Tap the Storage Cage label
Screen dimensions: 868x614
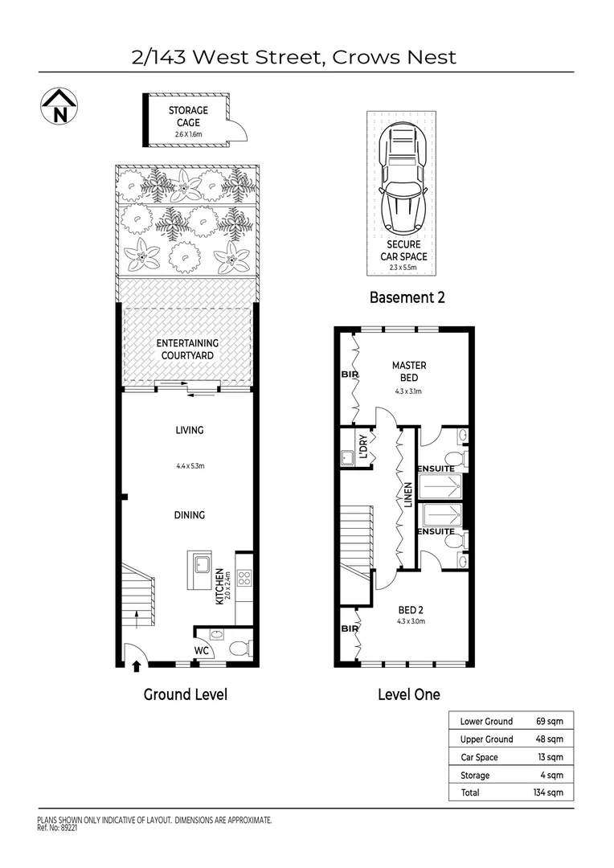[x=187, y=116]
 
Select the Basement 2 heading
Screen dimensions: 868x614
[x=407, y=297]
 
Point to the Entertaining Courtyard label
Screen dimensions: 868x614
[x=187, y=349]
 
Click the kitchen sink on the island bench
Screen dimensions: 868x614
[x=199, y=564]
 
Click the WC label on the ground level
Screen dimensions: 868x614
[x=202, y=650]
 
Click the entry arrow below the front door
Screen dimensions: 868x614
[x=135, y=665]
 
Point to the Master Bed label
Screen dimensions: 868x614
[x=408, y=371]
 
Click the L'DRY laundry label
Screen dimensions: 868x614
[x=363, y=448]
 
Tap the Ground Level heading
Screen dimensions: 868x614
[x=185, y=694]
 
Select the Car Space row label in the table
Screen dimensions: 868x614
[x=479, y=757]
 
